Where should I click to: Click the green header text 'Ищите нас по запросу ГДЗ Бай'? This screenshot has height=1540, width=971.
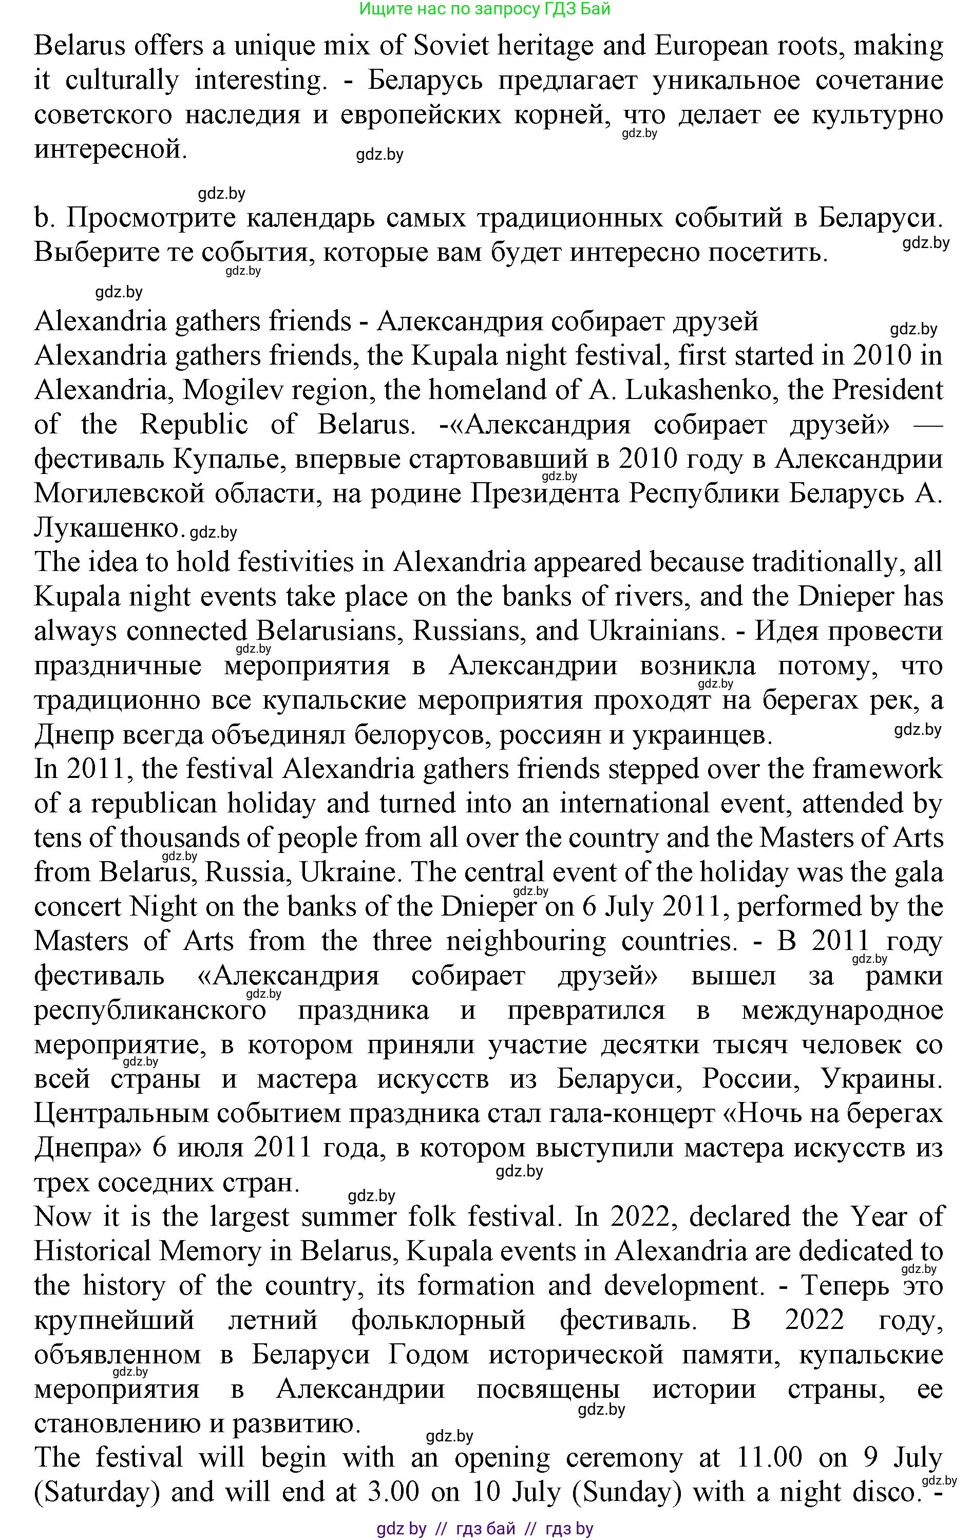485,9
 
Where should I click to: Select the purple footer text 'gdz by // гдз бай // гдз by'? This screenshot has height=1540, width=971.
485,1529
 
